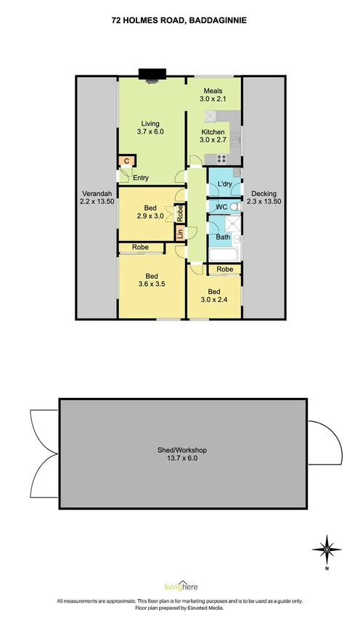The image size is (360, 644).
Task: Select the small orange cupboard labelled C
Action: [x=126, y=161]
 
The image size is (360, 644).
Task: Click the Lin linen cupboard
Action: [x=179, y=233]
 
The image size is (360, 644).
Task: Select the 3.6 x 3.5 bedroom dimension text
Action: [x=151, y=285]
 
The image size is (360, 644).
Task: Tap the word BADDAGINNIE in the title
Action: [x=217, y=22]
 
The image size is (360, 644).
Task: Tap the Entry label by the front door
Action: [x=140, y=177]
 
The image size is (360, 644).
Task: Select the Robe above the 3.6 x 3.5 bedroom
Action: [x=141, y=248]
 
